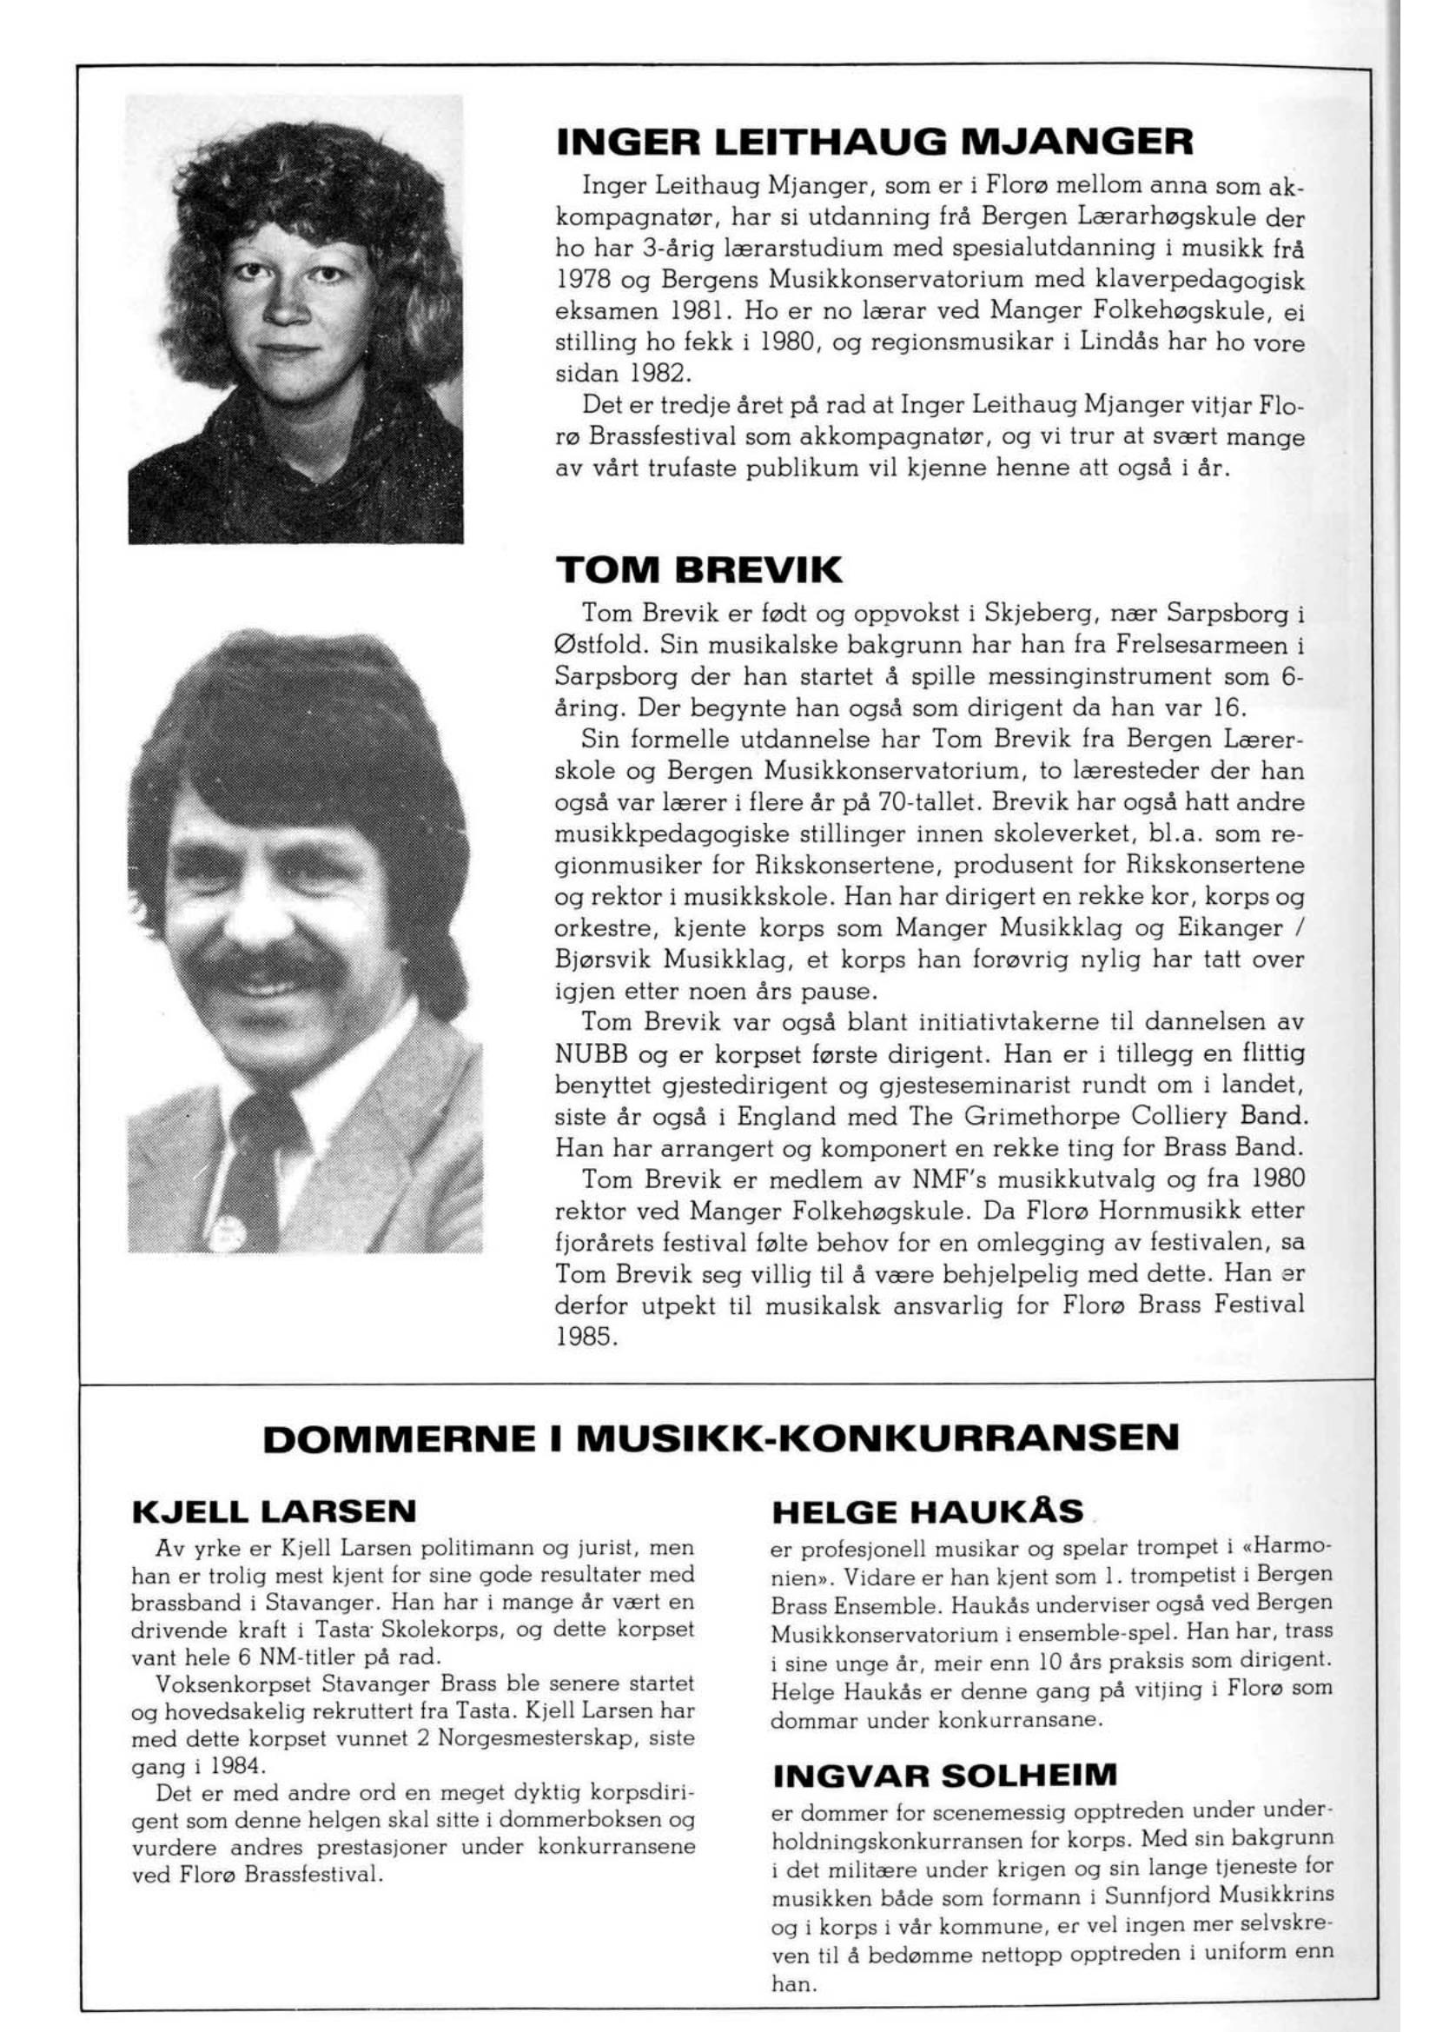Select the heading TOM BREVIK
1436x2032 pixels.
699,571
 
